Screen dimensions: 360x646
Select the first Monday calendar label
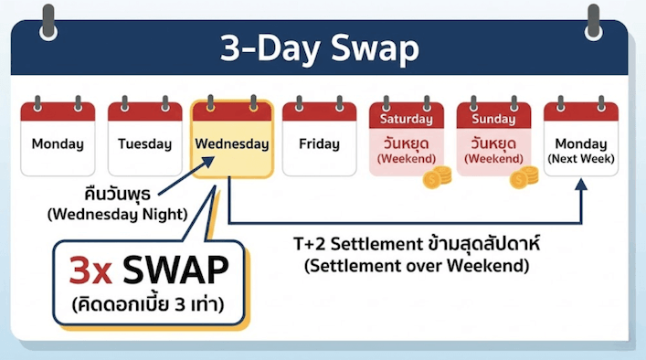[x=58, y=143]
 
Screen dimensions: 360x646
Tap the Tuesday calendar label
[x=144, y=143]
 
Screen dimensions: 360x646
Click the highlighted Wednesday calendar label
[x=231, y=144]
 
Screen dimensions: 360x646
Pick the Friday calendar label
[x=318, y=143]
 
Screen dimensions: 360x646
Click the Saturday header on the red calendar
[x=406, y=119]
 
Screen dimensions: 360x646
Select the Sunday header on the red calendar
[x=493, y=119]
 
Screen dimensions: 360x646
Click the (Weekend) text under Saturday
[x=406, y=159]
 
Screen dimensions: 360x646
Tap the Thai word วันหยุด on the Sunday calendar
[x=493, y=143]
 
